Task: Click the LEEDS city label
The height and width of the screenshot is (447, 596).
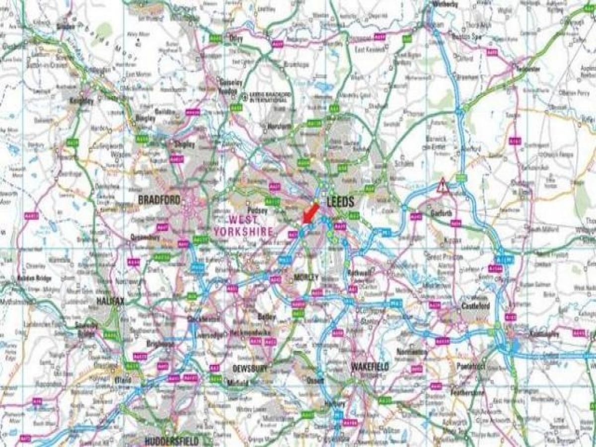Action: [x=341, y=202]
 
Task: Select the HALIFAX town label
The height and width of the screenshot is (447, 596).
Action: [x=110, y=301]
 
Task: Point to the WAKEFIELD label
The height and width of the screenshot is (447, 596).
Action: [x=370, y=367]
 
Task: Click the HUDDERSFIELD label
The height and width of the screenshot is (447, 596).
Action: [x=172, y=441]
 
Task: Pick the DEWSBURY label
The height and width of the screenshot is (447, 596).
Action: [x=250, y=369]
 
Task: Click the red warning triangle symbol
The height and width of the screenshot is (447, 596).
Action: [x=442, y=186]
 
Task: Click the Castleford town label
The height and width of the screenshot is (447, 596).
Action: [x=475, y=306]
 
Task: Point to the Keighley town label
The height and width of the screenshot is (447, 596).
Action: [x=81, y=101]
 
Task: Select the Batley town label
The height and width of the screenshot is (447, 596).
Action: [x=263, y=316]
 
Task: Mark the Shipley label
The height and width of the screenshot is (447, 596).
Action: [x=186, y=145]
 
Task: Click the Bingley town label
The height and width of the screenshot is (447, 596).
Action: [x=145, y=118]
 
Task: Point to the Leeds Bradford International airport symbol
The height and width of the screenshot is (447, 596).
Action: [x=243, y=96]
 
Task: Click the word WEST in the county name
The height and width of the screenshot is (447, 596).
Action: [x=243, y=219]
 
